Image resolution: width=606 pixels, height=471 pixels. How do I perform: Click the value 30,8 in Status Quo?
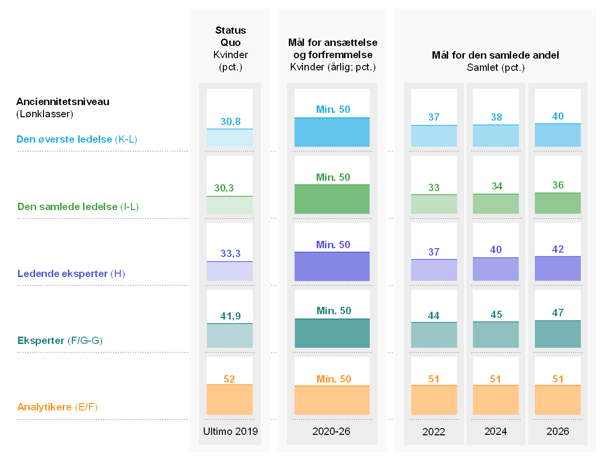click(x=230, y=122)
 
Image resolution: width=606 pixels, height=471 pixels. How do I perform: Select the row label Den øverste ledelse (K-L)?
click(x=77, y=139)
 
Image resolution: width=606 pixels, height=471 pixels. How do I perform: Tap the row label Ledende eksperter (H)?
click(x=71, y=274)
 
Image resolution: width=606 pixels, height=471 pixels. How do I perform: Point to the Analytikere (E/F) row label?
click(x=57, y=407)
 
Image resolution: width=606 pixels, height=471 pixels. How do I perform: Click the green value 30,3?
click(x=224, y=188)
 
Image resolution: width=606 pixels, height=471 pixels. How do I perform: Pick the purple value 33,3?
click(x=230, y=254)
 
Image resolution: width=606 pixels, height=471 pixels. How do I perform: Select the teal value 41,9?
click(x=230, y=316)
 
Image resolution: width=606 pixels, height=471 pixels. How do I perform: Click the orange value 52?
click(x=229, y=379)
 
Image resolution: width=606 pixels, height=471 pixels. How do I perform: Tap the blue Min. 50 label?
click(x=333, y=109)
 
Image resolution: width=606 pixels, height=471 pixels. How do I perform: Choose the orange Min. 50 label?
click(x=334, y=379)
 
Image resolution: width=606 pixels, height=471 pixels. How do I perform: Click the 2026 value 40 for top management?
click(x=558, y=116)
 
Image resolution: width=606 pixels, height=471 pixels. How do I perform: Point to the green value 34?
click(x=497, y=186)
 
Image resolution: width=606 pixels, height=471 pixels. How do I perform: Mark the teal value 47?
click(x=558, y=313)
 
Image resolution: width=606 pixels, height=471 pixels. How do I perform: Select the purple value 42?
click(x=558, y=249)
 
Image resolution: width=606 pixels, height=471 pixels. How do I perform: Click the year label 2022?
click(x=433, y=432)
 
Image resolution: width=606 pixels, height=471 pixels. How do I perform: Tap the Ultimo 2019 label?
click(x=230, y=431)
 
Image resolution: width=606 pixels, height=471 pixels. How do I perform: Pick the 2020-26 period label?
click(x=331, y=431)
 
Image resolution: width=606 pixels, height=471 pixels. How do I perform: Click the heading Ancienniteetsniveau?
click(x=63, y=102)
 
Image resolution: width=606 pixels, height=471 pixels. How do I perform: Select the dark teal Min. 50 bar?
click(x=332, y=333)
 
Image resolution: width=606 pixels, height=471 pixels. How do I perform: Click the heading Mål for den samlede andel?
click(x=495, y=55)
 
